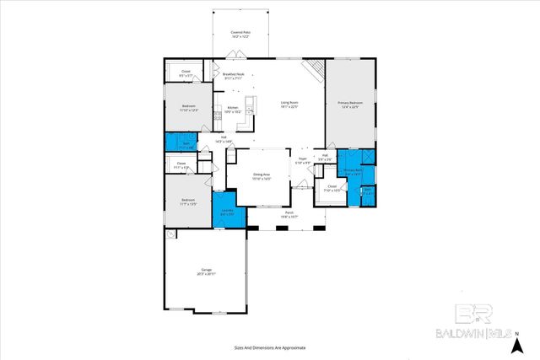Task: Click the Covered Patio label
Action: pyautogui.click(x=241, y=35)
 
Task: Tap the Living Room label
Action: pyautogui.click(x=289, y=105)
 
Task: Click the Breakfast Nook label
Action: pyautogui.click(x=234, y=77)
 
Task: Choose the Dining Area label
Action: pyautogui.click(x=262, y=177)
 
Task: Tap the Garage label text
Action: pyautogui.click(x=206, y=272)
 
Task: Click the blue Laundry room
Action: pyautogui.click(x=228, y=213)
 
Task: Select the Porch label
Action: pyautogui.click(x=289, y=214)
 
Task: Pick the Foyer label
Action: pyautogui.click(x=302, y=160)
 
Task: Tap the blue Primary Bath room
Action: pyautogui.click(x=353, y=173)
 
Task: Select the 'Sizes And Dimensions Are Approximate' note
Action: pyautogui.click(x=270, y=347)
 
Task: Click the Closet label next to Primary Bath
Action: pyautogui.click(x=332, y=188)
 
